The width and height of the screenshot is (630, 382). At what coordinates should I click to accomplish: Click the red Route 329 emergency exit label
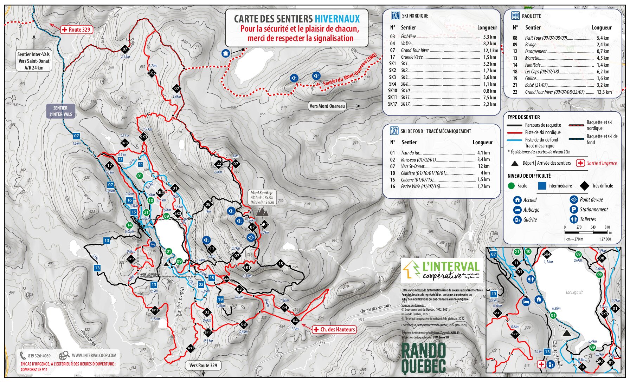(x=77, y=30)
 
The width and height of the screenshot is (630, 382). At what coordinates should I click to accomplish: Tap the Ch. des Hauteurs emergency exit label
(x=334, y=329)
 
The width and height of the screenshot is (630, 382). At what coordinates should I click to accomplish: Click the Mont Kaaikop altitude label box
(x=262, y=198)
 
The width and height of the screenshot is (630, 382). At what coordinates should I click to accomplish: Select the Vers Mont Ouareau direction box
(x=327, y=106)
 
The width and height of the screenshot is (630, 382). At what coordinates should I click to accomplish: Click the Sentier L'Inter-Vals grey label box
(x=60, y=111)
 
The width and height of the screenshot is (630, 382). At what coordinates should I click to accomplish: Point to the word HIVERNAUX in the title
(x=337, y=19)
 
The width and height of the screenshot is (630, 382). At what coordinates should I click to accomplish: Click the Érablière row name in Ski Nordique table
(x=408, y=37)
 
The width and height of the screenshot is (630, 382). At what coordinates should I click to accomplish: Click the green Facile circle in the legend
(x=511, y=186)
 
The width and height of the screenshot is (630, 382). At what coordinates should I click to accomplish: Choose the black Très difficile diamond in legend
(x=584, y=186)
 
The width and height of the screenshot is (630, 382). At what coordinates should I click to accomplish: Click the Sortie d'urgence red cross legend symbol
(x=580, y=163)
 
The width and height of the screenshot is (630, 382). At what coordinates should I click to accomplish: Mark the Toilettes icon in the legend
(x=574, y=219)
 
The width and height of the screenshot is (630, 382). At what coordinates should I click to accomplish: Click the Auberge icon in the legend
(x=517, y=210)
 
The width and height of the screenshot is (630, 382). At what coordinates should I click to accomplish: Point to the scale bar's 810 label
(x=607, y=227)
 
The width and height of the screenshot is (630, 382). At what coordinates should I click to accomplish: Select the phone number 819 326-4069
(x=39, y=356)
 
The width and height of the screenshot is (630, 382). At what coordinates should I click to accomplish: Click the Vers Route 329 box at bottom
(x=203, y=365)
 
